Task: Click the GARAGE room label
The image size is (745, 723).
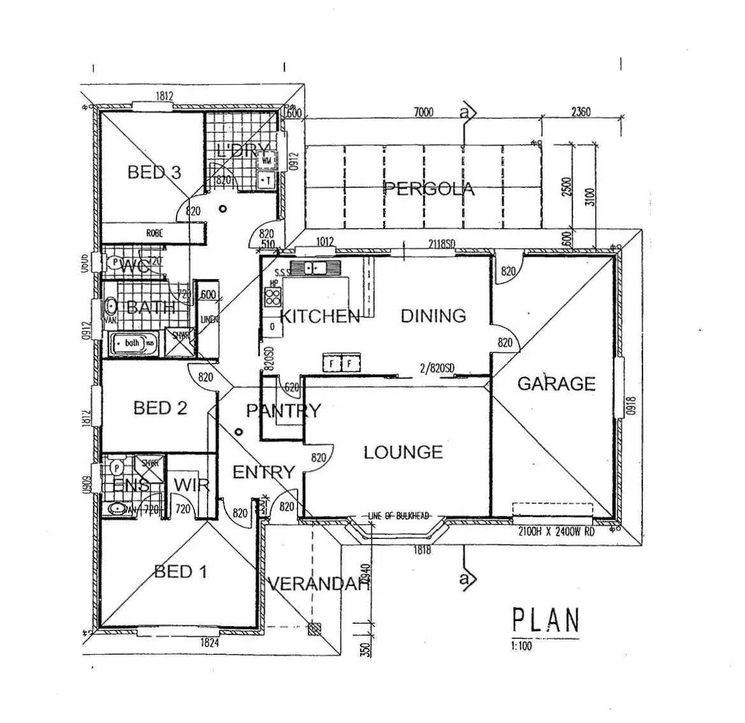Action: (556, 383)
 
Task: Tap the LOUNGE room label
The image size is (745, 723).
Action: (403, 452)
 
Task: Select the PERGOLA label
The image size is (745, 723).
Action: (429, 189)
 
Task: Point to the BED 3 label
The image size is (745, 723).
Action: (154, 172)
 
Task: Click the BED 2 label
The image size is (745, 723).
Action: (160, 408)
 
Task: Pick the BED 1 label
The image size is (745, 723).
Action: (181, 571)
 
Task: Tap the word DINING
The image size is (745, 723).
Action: (433, 315)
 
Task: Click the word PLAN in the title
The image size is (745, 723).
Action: (546, 620)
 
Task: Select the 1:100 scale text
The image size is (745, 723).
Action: (521, 646)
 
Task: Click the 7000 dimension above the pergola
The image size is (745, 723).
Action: (423, 113)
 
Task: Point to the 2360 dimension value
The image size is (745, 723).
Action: (581, 112)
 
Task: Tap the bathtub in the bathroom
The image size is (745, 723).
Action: (134, 343)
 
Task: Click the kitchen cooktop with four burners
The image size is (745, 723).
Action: (273, 296)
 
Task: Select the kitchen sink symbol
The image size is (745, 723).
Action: (309, 268)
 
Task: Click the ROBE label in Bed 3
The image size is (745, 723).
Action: (155, 233)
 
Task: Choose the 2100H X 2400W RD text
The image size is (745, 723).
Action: (556, 531)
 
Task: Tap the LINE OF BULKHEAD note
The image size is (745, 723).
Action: (399, 515)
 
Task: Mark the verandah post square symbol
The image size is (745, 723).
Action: (314, 629)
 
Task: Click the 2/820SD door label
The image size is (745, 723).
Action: (437, 368)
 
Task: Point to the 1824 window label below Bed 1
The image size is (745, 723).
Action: (210, 643)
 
